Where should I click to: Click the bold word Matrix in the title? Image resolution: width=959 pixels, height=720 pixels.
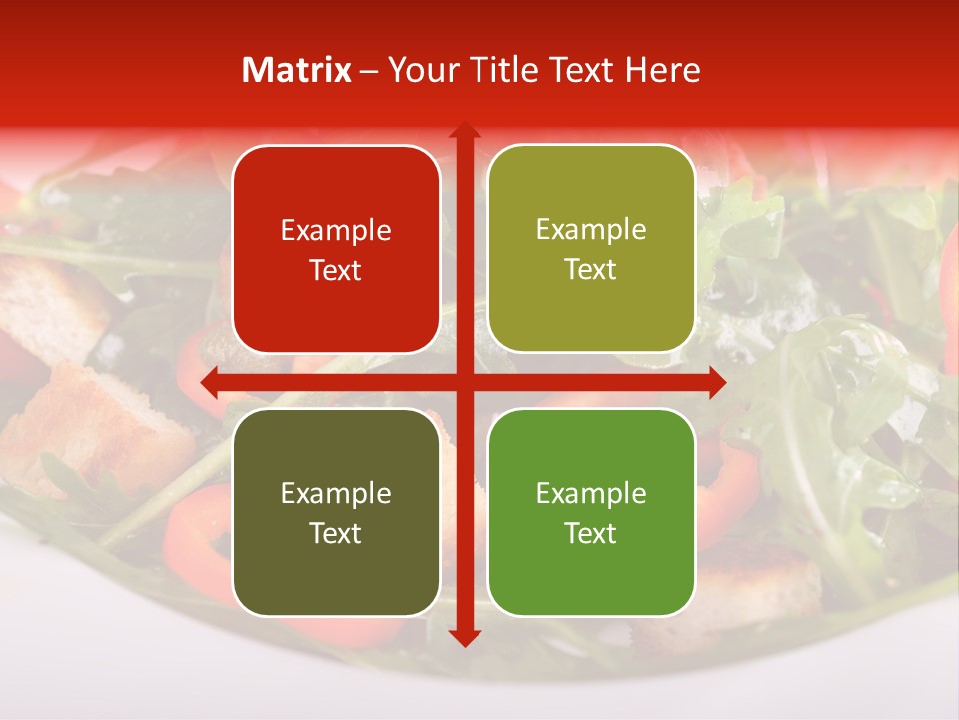pos(297,70)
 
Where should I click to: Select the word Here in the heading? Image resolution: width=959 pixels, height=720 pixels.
pos(662,70)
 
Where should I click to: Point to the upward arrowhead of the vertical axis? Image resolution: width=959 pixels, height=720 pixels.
pos(464,130)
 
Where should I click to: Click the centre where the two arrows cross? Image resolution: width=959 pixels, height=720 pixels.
pos(464,382)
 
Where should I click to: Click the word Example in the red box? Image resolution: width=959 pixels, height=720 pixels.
pos(336,231)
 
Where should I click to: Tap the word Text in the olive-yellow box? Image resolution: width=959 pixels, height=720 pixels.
pos(591,270)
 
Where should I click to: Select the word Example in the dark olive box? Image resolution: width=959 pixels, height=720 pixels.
pos(336,494)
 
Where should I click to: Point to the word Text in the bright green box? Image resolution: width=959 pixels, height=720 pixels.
pos(591,533)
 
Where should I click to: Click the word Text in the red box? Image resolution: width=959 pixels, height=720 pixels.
pos(336,271)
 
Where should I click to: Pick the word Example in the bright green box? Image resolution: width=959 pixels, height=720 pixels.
pos(591,494)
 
